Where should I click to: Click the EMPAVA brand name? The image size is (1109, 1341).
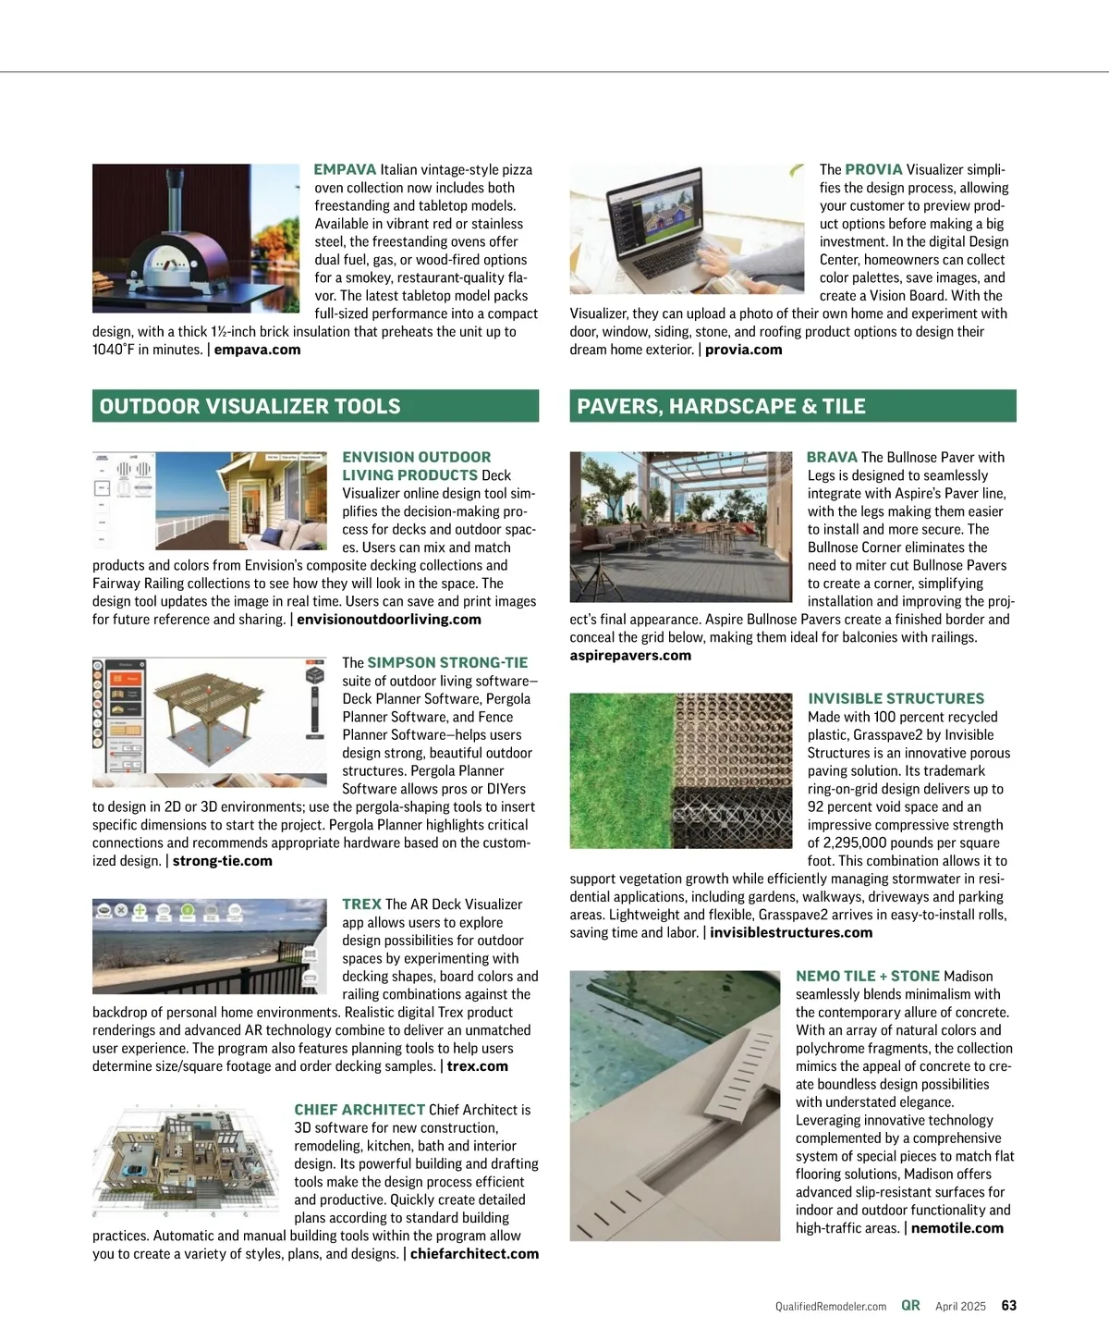point(345,170)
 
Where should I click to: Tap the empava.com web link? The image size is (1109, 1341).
point(257,350)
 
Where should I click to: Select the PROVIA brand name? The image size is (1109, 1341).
point(873,170)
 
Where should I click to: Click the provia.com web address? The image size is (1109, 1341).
point(743,350)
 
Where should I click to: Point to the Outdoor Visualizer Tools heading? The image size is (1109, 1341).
point(250,407)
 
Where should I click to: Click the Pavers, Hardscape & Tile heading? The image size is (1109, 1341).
point(721,407)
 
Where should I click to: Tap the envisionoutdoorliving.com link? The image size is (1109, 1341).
point(388,620)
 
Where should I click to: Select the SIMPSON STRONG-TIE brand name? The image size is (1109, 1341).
point(447,663)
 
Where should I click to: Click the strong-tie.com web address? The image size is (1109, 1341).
point(222,861)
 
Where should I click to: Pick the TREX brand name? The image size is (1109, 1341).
point(361,904)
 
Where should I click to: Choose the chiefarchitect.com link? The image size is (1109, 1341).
point(474,1254)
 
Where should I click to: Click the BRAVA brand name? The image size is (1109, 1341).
point(832,458)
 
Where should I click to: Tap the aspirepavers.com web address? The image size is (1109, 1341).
point(630,656)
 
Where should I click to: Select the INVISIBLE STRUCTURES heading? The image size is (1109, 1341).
point(896,699)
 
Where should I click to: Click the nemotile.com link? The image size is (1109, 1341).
point(957,1228)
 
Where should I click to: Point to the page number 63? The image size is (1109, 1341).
point(1009,1306)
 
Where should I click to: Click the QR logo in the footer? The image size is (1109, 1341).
point(910,1306)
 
